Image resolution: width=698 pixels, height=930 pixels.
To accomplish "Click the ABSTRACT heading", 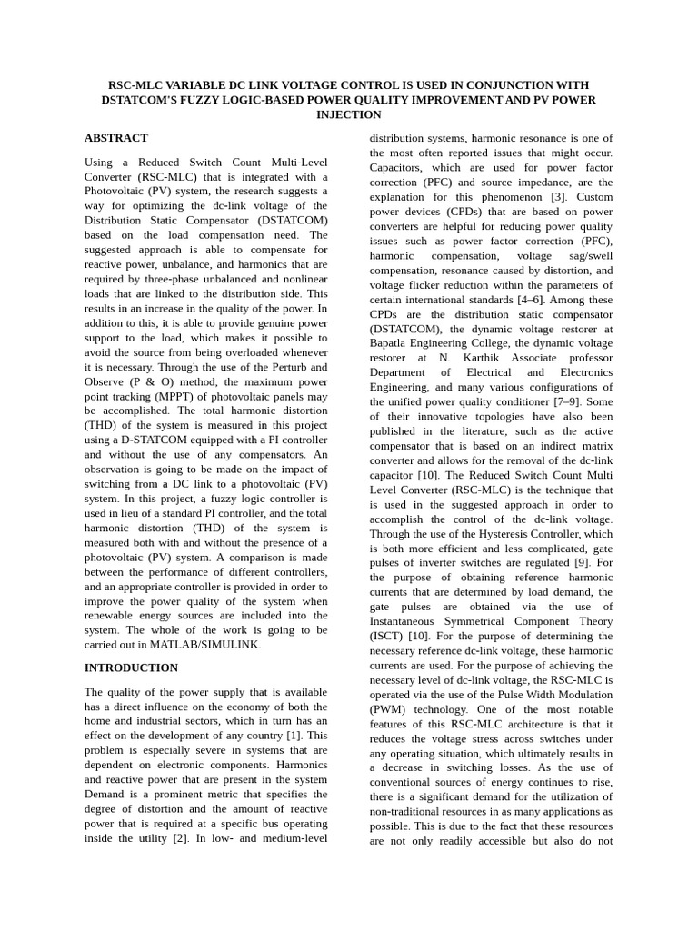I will [115, 138].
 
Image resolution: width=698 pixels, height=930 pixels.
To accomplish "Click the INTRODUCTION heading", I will [131, 668].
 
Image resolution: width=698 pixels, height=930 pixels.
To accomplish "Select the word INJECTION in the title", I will [348, 115].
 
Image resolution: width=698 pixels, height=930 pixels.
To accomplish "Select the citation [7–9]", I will [568, 401].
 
